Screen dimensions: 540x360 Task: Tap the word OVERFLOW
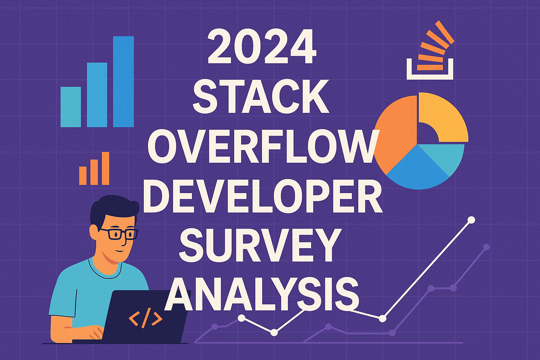261,148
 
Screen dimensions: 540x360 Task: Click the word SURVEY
262,245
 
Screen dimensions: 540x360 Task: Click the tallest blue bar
123,82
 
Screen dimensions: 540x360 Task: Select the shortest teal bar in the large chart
71,107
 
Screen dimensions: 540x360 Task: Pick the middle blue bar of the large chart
97,95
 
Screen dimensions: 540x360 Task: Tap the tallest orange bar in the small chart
105,168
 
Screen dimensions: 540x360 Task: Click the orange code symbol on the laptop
145,318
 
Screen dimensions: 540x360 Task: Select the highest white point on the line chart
471,220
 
